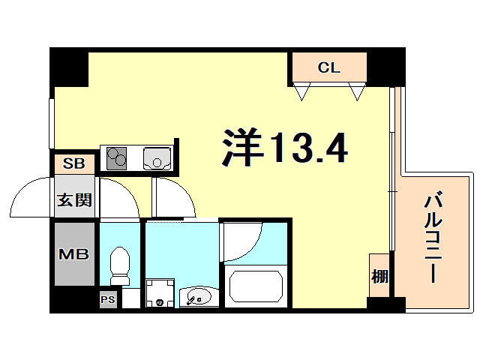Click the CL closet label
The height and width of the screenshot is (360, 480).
[x=328, y=67]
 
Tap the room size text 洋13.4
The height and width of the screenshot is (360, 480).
[x=284, y=148]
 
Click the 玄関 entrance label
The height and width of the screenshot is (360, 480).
[x=74, y=199]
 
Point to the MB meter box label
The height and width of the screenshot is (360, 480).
[x=74, y=253]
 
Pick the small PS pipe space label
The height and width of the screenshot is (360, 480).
[x=108, y=299]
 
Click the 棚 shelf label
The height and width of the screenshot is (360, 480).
[x=379, y=276]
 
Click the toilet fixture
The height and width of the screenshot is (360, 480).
[x=120, y=267]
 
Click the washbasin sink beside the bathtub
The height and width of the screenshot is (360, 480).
[x=198, y=298]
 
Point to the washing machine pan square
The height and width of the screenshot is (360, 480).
[x=160, y=293]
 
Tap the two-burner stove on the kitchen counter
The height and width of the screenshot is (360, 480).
[x=117, y=157]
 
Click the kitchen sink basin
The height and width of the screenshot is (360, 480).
[x=157, y=157]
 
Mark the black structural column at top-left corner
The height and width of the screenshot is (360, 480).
[x=69, y=67]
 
